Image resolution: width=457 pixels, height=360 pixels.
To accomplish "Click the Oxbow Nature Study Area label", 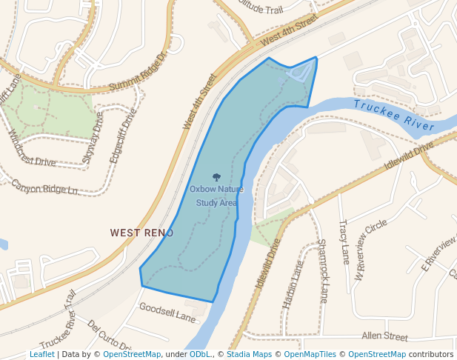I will pyautogui.click(x=216, y=196).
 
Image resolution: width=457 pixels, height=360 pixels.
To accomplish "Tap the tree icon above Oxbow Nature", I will pyautogui.click(x=216, y=178).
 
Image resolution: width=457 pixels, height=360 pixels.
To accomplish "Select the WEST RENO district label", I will pyautogui.click(x=141, y=233).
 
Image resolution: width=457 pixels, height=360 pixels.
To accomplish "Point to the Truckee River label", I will pyautogui.click(x=393, y=116).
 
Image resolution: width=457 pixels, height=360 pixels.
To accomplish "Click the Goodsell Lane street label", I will pyautogui.click(x=167, y=313).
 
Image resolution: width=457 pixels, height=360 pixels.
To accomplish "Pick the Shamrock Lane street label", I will pyautogui.click(x=322, y=261).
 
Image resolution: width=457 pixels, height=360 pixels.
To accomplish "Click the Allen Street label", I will pyautogui.click(x=385, y=336).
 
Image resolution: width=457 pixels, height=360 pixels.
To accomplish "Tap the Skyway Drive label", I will pyautogui.click(x=93, y=137).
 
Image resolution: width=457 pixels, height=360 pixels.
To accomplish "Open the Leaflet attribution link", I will pyautogui.click(x=41, y=354).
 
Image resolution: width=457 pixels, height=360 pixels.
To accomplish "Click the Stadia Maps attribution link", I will pyautogui.click(x=249, y=354).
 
